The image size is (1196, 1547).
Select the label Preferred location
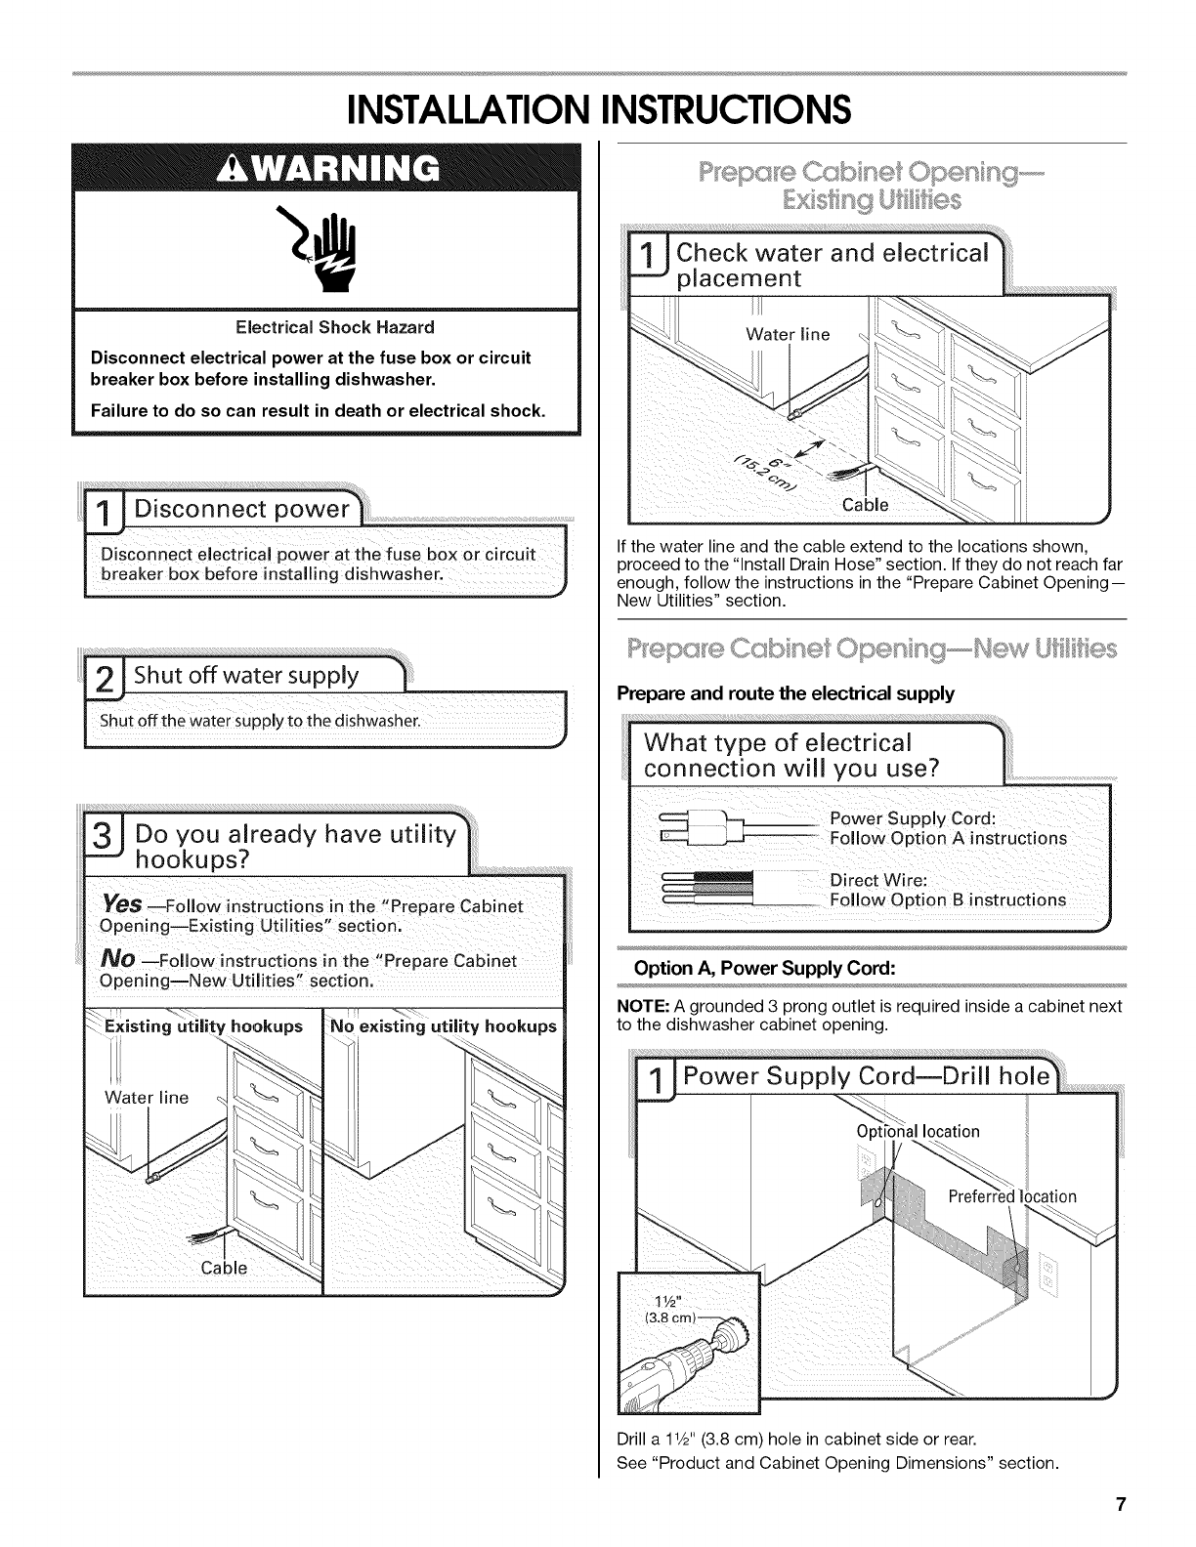click(x=1012, y=1197)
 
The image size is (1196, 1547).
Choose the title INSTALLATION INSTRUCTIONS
click(x=598, y=108)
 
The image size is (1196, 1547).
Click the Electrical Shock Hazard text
click(x=327, y=327)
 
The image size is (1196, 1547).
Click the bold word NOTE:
click(x=641, y=1006)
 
